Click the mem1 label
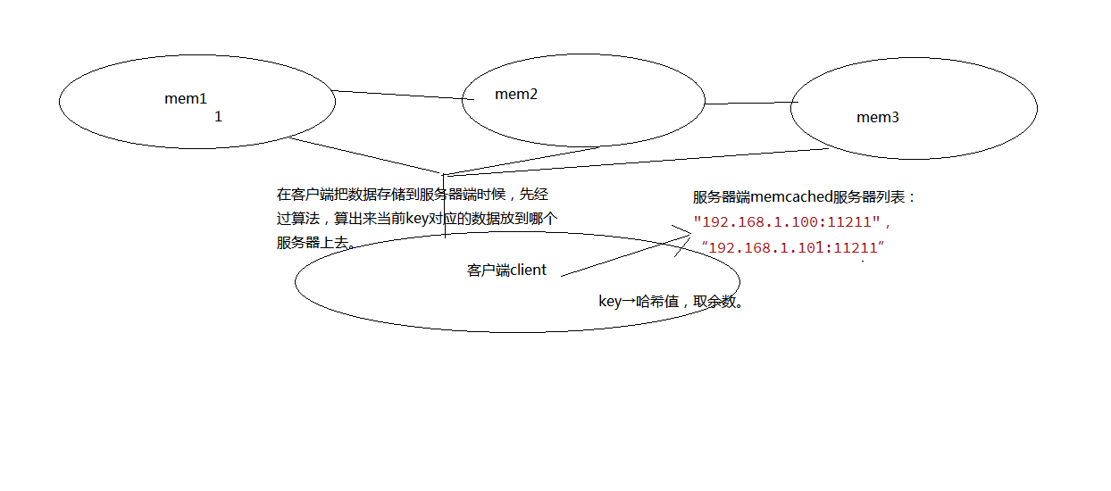pyautogui.click(x=186, y=99)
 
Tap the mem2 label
pyautogui.click(x=516, y=95)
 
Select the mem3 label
pyautogui.click(x=877, y=118)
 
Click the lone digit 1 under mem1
pyautogui.click(x=218, y=117)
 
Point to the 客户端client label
pyautogui.click(x=506, y=270)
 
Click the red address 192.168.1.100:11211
pyautogui.click(x=787, y=221)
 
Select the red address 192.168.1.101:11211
pyautogui.click(x=793, y=247)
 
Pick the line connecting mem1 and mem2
pyautogui.click(x=403, y=96)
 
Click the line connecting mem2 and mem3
pyautogui.click(x=751, y=104)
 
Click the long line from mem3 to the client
pyautogui.click(x=636, y=162)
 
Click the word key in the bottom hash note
pyautogui.click(x=610, y=302)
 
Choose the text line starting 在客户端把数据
pyautogui.click(x=413, y=195)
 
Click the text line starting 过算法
pyautogui.click(x=417, y=219)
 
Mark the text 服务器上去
pyautogui.click(x=313, y=243)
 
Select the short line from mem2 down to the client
pyautogui.click(x=522, y=161)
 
